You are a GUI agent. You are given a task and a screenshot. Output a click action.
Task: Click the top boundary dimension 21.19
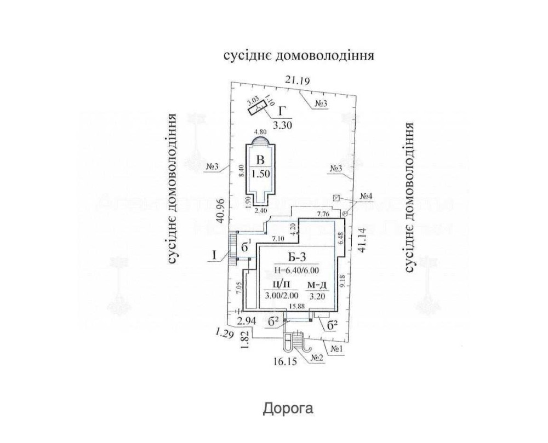point(298,81)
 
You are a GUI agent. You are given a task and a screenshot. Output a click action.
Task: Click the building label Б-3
point(297,257)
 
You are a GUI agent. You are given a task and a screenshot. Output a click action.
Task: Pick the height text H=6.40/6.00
point(296,269)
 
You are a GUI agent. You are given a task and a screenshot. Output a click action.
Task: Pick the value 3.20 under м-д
point(318,297)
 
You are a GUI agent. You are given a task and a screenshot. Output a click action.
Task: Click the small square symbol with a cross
point(337,197)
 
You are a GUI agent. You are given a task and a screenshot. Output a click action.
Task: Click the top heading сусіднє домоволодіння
point(298,56)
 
